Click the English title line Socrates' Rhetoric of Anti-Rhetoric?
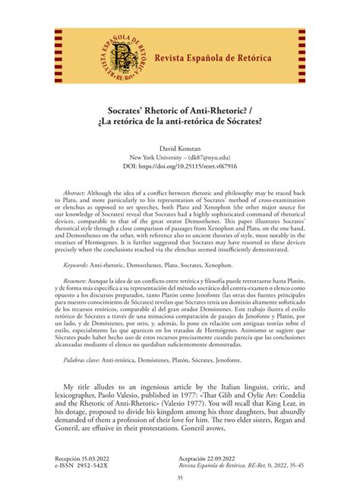[x=180, y=109]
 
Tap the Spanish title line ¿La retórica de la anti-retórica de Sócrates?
[x=180, y=122]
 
